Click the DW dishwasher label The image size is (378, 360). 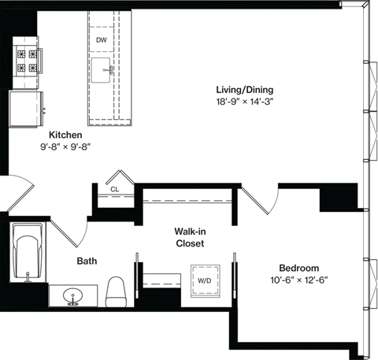tap(102, 39)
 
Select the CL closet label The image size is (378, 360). tap(114, 190)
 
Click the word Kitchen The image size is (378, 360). tap(65, 135)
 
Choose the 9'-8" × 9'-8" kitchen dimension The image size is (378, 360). tap(65, 147)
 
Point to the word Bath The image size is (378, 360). tap(87, 261)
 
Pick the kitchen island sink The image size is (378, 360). tap(103, 70)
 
